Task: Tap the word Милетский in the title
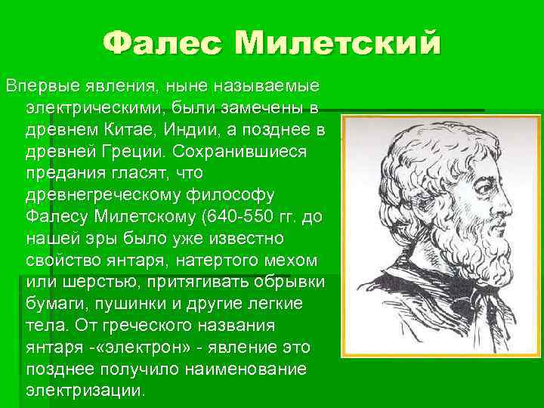pos(337,42)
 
